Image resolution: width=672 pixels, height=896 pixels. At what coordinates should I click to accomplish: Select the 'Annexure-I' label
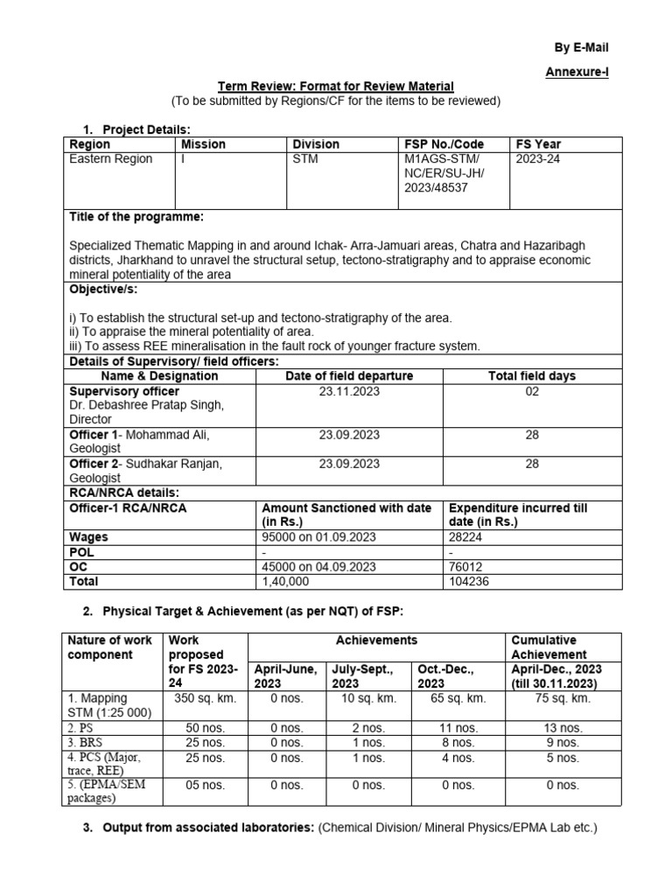[576, 72]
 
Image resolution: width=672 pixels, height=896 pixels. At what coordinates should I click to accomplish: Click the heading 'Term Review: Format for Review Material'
[335, 86]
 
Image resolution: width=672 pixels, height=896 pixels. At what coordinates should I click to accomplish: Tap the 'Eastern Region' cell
[111, 158]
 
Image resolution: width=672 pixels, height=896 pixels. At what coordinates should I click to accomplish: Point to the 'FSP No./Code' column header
[444, 143]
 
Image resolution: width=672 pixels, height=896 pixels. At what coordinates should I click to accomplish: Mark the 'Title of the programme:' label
[136, 216]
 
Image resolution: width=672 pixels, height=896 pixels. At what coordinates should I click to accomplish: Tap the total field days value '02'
[532, 391]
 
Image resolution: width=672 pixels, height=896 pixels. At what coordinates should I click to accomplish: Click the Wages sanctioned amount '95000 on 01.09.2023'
[319, 537]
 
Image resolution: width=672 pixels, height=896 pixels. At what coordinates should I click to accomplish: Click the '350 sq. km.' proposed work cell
[206, 698]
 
